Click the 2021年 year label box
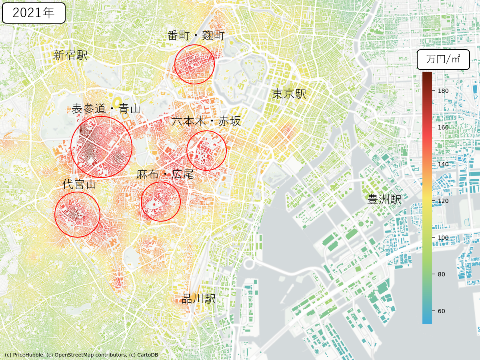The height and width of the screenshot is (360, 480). (x=34, y=13)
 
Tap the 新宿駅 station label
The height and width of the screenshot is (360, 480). (x=70, y=55)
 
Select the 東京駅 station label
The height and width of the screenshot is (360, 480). (x=289, y=94)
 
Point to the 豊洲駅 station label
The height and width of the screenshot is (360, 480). (x=384, y=199)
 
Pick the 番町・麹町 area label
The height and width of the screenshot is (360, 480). (x=196, y=36)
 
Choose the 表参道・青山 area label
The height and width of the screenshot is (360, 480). (x=106, y=108)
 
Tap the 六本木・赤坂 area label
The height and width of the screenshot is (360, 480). (x=206, y=121)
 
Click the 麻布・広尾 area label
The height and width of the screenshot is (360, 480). (x=165, y=174)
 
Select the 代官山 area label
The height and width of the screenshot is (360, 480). (x=79, y=184)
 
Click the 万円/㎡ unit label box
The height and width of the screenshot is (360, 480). (x=443, y=60)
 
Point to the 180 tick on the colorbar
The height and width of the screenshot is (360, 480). (x=443, y=91)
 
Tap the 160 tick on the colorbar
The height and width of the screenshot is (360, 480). (x=443, y=127)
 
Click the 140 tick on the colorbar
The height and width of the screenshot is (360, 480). (x=443, y=164)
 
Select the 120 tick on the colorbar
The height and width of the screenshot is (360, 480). (x=443, y=201)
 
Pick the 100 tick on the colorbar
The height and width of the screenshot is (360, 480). (x=443, y=238)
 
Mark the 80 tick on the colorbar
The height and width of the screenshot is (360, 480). (x=442, y=274)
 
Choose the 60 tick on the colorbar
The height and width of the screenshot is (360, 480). (x=442, y=311)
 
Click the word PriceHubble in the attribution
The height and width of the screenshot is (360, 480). (x=27, y=355)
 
